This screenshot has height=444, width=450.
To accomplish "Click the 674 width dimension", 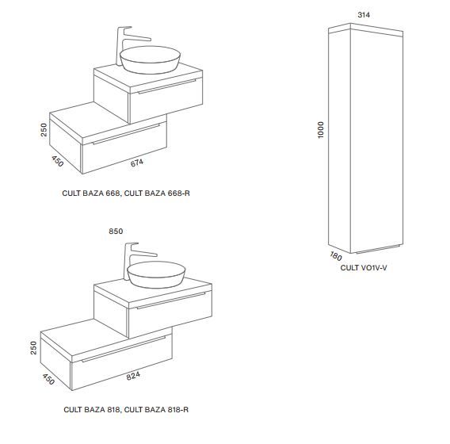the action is pos(137,163).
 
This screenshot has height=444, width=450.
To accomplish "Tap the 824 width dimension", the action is pos(133,376).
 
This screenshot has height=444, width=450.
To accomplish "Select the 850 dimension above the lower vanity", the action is pos(116,232).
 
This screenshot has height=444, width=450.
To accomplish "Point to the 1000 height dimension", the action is pos(321,130).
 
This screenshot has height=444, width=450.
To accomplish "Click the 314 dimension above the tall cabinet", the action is pos(364,14).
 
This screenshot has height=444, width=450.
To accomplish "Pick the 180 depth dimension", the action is pos(335,256).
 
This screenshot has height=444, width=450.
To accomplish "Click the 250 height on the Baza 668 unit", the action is pos(44,129).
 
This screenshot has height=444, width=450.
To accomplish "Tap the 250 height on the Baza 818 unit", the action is pos(33,347).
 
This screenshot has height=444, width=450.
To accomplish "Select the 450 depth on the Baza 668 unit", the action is pos(57,161).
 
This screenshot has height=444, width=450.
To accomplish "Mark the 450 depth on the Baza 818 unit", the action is pos(48,379).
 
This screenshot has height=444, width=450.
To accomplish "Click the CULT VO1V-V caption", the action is pos(364,268).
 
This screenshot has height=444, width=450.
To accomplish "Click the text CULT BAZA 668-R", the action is pos(157,193).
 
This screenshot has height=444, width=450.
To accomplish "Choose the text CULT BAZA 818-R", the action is pos(156,409).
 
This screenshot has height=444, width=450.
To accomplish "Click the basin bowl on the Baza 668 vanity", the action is pos(150,59).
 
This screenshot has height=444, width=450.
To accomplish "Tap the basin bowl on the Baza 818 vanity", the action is pos(156,274).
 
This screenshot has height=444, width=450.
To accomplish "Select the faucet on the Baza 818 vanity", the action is pos(135,261).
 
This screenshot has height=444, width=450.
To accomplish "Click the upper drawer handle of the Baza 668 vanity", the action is pos(166,86).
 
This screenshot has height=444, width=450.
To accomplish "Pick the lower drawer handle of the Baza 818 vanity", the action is pos(124,349).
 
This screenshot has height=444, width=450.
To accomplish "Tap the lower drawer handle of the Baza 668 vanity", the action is pos(126,134).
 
